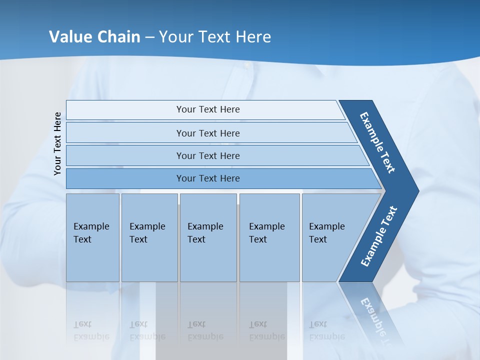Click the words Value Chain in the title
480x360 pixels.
94,36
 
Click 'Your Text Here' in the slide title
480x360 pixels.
215,36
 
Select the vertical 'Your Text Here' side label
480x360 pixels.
57,143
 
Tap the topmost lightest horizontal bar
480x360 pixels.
208,109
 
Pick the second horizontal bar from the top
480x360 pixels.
208,133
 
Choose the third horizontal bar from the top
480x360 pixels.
208,155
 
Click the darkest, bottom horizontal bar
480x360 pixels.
208,178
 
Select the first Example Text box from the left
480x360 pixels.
92,237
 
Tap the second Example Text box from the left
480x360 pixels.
149,237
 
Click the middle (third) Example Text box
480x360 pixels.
208,237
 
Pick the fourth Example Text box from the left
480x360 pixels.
269,237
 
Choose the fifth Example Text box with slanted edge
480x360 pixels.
330,237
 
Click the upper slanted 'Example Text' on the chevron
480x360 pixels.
377,142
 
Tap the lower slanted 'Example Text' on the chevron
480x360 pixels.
379,236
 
